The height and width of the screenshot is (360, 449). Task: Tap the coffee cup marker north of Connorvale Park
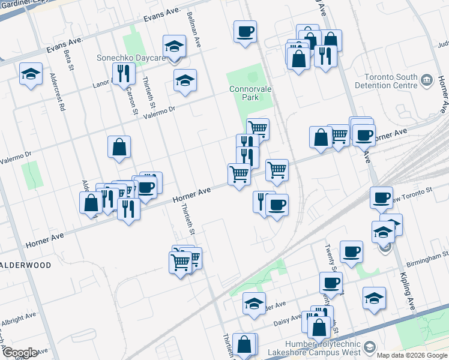(245, 31)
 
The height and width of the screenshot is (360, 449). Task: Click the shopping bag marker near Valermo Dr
(119, 146)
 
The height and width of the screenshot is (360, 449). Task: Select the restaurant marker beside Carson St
(123, 73)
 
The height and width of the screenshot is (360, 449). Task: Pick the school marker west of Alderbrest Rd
(31, 74)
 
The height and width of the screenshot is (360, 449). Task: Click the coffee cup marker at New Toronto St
(381, 197)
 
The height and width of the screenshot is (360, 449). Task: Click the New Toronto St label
(414, 191)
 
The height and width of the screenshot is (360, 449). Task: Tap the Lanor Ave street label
(103, 84)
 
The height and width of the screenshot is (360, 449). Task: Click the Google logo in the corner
(19, 352)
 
